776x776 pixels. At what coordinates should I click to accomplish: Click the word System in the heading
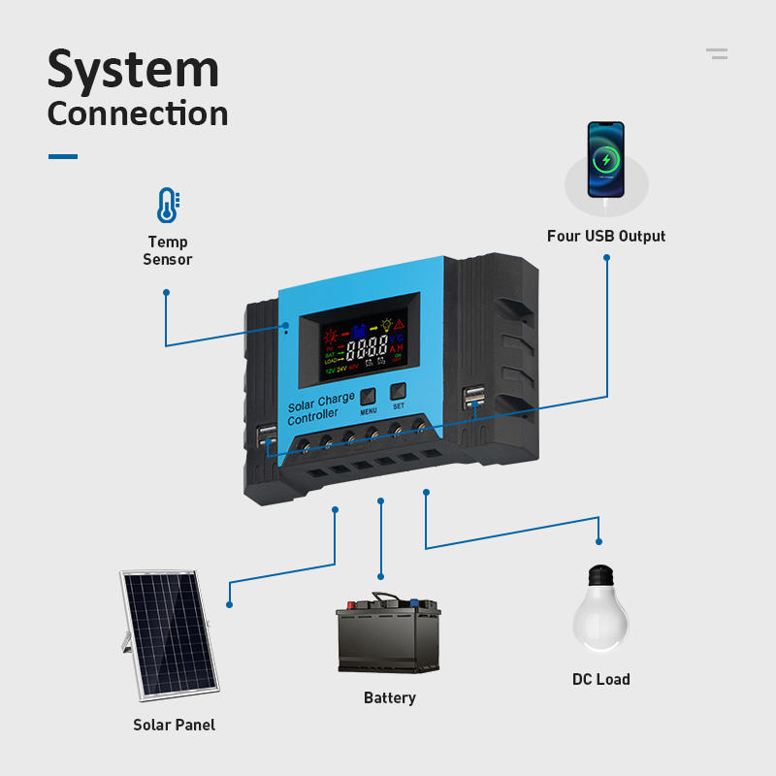pos(133,70)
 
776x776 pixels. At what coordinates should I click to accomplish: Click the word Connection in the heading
pos(138,113)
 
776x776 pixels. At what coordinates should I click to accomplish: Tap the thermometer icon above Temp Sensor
pos(168,205)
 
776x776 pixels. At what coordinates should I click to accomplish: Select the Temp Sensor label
pos(168,250)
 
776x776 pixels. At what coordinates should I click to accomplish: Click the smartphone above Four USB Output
pos(606,159)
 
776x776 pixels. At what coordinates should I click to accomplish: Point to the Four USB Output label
pos(606,236)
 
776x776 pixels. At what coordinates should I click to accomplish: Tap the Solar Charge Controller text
pos(320,407)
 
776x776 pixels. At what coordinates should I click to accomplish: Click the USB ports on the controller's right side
pos(474,398)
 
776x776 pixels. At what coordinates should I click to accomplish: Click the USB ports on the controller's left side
pos(267,436)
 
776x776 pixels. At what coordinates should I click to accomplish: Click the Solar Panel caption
pos(175,725)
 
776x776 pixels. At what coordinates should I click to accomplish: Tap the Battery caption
pos(390,697)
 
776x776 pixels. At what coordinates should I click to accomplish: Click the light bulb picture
pos(600,610)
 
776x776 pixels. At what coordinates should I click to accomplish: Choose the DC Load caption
pos(601,679)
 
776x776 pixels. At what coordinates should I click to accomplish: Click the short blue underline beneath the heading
pos(63,156)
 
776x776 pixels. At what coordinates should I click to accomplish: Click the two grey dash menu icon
pos(717,53)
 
